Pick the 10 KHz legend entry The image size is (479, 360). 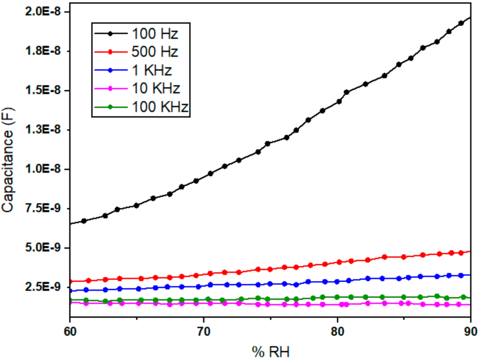pyautogui.click(x=155, y=88)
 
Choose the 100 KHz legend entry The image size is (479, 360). pyautogui.click(x=160, y=107)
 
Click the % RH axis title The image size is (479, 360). pyautogui.click(x=270, y=351)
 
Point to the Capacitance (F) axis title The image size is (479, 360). pyautogui.click(x=9, y=162)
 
